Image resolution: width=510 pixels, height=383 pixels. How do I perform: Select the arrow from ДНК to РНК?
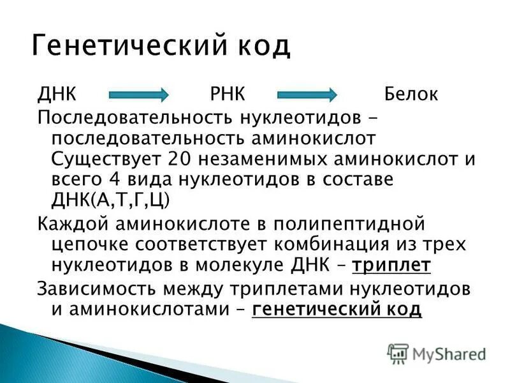[x=138, y=94]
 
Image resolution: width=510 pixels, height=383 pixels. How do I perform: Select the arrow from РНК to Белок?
[x=307, y=94]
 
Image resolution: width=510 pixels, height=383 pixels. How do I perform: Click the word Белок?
[x=411, y=94]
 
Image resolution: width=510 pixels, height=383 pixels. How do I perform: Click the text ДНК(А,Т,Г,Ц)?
[x=110, y=200]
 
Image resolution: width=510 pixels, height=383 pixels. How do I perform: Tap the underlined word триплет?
[x=391, y=265]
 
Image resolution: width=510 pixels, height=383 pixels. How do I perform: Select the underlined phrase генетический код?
[x=337, y=309]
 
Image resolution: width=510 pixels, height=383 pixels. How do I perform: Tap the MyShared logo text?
[x=449, y=352]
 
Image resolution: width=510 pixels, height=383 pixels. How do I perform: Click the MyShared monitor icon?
[x=398, y=353]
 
